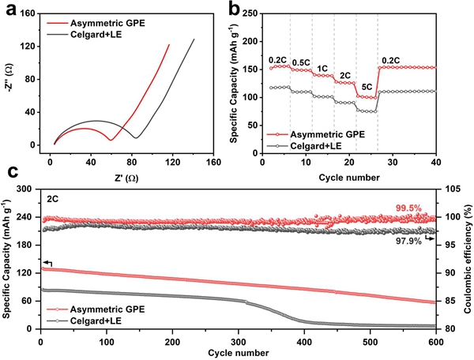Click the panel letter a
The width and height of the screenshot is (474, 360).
(9, 8)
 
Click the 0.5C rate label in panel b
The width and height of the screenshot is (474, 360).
(301, 62)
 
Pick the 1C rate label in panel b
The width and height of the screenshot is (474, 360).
(322, 68)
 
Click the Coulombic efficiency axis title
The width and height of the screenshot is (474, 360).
(466, 258)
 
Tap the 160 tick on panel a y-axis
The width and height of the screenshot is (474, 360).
(29, 13)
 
